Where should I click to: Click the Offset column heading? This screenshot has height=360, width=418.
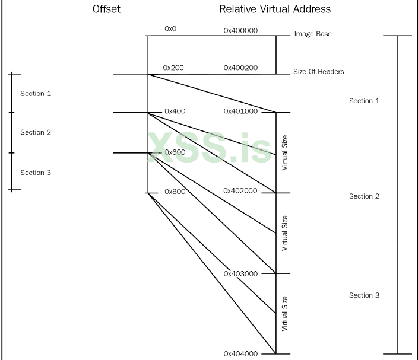(x=106, y=9)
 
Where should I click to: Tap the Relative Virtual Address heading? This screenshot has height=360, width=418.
(x=274, y=9)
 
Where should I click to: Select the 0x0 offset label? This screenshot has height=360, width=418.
(x=170, y=28)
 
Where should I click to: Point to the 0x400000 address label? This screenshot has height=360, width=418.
(x=240, y=30)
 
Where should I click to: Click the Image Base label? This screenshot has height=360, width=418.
(x=313, y=34)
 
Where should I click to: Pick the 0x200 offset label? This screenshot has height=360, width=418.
(x=173, y=68)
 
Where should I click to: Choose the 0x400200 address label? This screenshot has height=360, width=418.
(x=240, y=68)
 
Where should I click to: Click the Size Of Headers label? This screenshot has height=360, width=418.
(x=319, y=72)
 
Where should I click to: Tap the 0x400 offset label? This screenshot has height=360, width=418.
(x=175, y=111)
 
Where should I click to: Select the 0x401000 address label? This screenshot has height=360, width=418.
(x=240, y=111)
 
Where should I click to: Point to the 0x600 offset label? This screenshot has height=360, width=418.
(x=175, y=152)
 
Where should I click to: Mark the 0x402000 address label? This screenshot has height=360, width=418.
(x=240, y=190)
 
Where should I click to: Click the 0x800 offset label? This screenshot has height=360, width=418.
(x=175, y=192)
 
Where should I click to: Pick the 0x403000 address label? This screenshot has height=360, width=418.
(x=240, y=273)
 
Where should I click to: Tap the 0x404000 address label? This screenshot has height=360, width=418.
(x=240, y=354)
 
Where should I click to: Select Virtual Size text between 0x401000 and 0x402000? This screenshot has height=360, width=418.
(x=285, y=153)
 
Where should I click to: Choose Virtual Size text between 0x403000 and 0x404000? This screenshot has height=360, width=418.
(x=285, y=313)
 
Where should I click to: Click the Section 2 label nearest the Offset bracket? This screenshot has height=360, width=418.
(x=36, y=133)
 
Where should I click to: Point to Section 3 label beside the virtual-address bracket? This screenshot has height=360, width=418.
(x=364, y=295)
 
